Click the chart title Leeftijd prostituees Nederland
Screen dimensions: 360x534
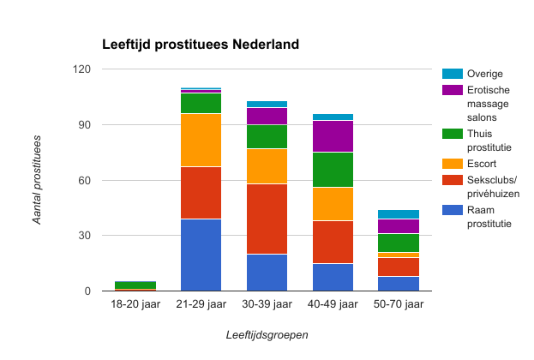click(201, 45)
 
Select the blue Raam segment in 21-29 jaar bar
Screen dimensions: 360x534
click(201, 255)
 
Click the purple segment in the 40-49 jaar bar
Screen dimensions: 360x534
click(333, 136)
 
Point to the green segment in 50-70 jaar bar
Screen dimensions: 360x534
click(399, 243)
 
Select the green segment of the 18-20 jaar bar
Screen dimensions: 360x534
click(135, 285)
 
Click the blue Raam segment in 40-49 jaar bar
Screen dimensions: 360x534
click(333, 277)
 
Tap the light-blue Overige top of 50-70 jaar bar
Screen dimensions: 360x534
click(399, 214)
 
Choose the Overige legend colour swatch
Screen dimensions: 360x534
click(453, 74)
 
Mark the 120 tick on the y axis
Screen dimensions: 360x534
click(82, 69)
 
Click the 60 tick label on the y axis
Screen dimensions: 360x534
click(85, 181)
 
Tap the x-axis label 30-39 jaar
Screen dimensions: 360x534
click(267, 304)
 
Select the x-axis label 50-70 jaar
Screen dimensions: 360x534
click(399, 304)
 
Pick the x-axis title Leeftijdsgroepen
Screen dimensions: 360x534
click(267, 335)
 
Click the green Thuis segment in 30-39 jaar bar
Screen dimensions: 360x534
click(267, 136)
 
